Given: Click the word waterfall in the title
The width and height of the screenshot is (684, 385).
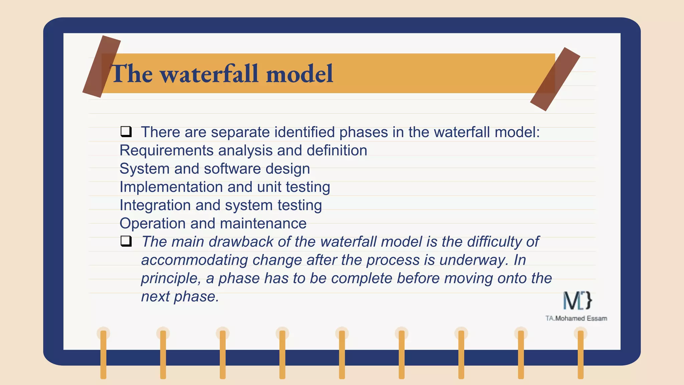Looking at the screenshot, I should click(x=210, y=74).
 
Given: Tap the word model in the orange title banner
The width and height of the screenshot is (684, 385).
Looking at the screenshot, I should click(x=300, y=74).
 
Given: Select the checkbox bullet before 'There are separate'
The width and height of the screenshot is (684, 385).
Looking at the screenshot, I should click(x=126, y=132).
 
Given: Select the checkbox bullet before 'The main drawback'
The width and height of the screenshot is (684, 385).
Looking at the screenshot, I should click(x=126, y=241).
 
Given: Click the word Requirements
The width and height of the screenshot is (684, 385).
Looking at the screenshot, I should click(x=166, y=150).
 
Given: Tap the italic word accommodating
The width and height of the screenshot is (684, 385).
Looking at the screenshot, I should click(x=194, y=260).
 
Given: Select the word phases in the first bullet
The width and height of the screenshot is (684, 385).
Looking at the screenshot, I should click(x=363, y=132).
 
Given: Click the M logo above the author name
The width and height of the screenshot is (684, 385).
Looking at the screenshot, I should click(x=577, y=300).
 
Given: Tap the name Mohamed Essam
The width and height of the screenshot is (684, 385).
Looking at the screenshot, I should click(x=581, y=318).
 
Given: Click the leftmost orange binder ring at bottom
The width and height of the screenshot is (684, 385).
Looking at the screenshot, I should click(x=103, y=354).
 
